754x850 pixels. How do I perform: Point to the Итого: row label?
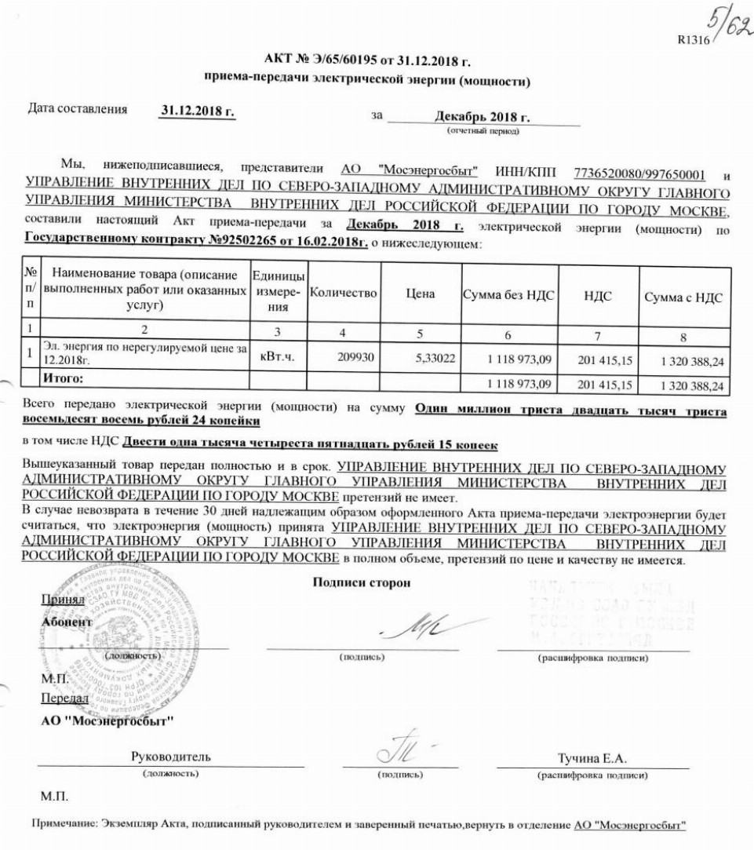(63, 378)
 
